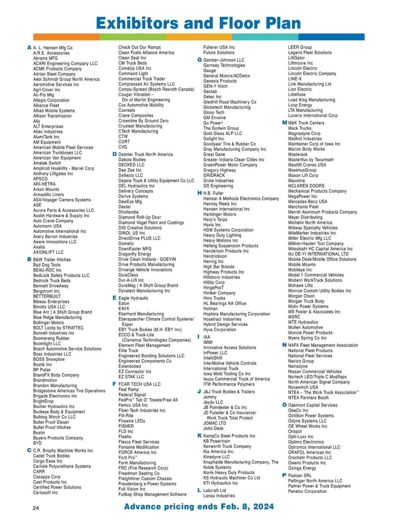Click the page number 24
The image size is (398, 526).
36,508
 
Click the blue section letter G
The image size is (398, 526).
199,60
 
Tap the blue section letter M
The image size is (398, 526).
285,123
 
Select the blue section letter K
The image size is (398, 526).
199,436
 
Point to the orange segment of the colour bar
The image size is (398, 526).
66,37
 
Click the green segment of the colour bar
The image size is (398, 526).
133,37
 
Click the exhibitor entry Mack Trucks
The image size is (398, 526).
299,128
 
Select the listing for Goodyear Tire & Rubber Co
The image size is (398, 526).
230,144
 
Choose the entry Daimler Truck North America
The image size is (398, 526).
146,154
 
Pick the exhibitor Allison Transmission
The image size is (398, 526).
52,116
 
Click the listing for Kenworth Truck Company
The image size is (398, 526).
227,447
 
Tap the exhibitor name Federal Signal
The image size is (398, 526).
132,395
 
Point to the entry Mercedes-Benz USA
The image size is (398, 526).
307,202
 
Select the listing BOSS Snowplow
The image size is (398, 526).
49,359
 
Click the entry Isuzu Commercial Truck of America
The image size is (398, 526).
236,379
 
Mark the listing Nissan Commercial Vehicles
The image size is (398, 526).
315,372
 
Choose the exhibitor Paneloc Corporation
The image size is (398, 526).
307,492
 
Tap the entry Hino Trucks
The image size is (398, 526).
214,298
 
